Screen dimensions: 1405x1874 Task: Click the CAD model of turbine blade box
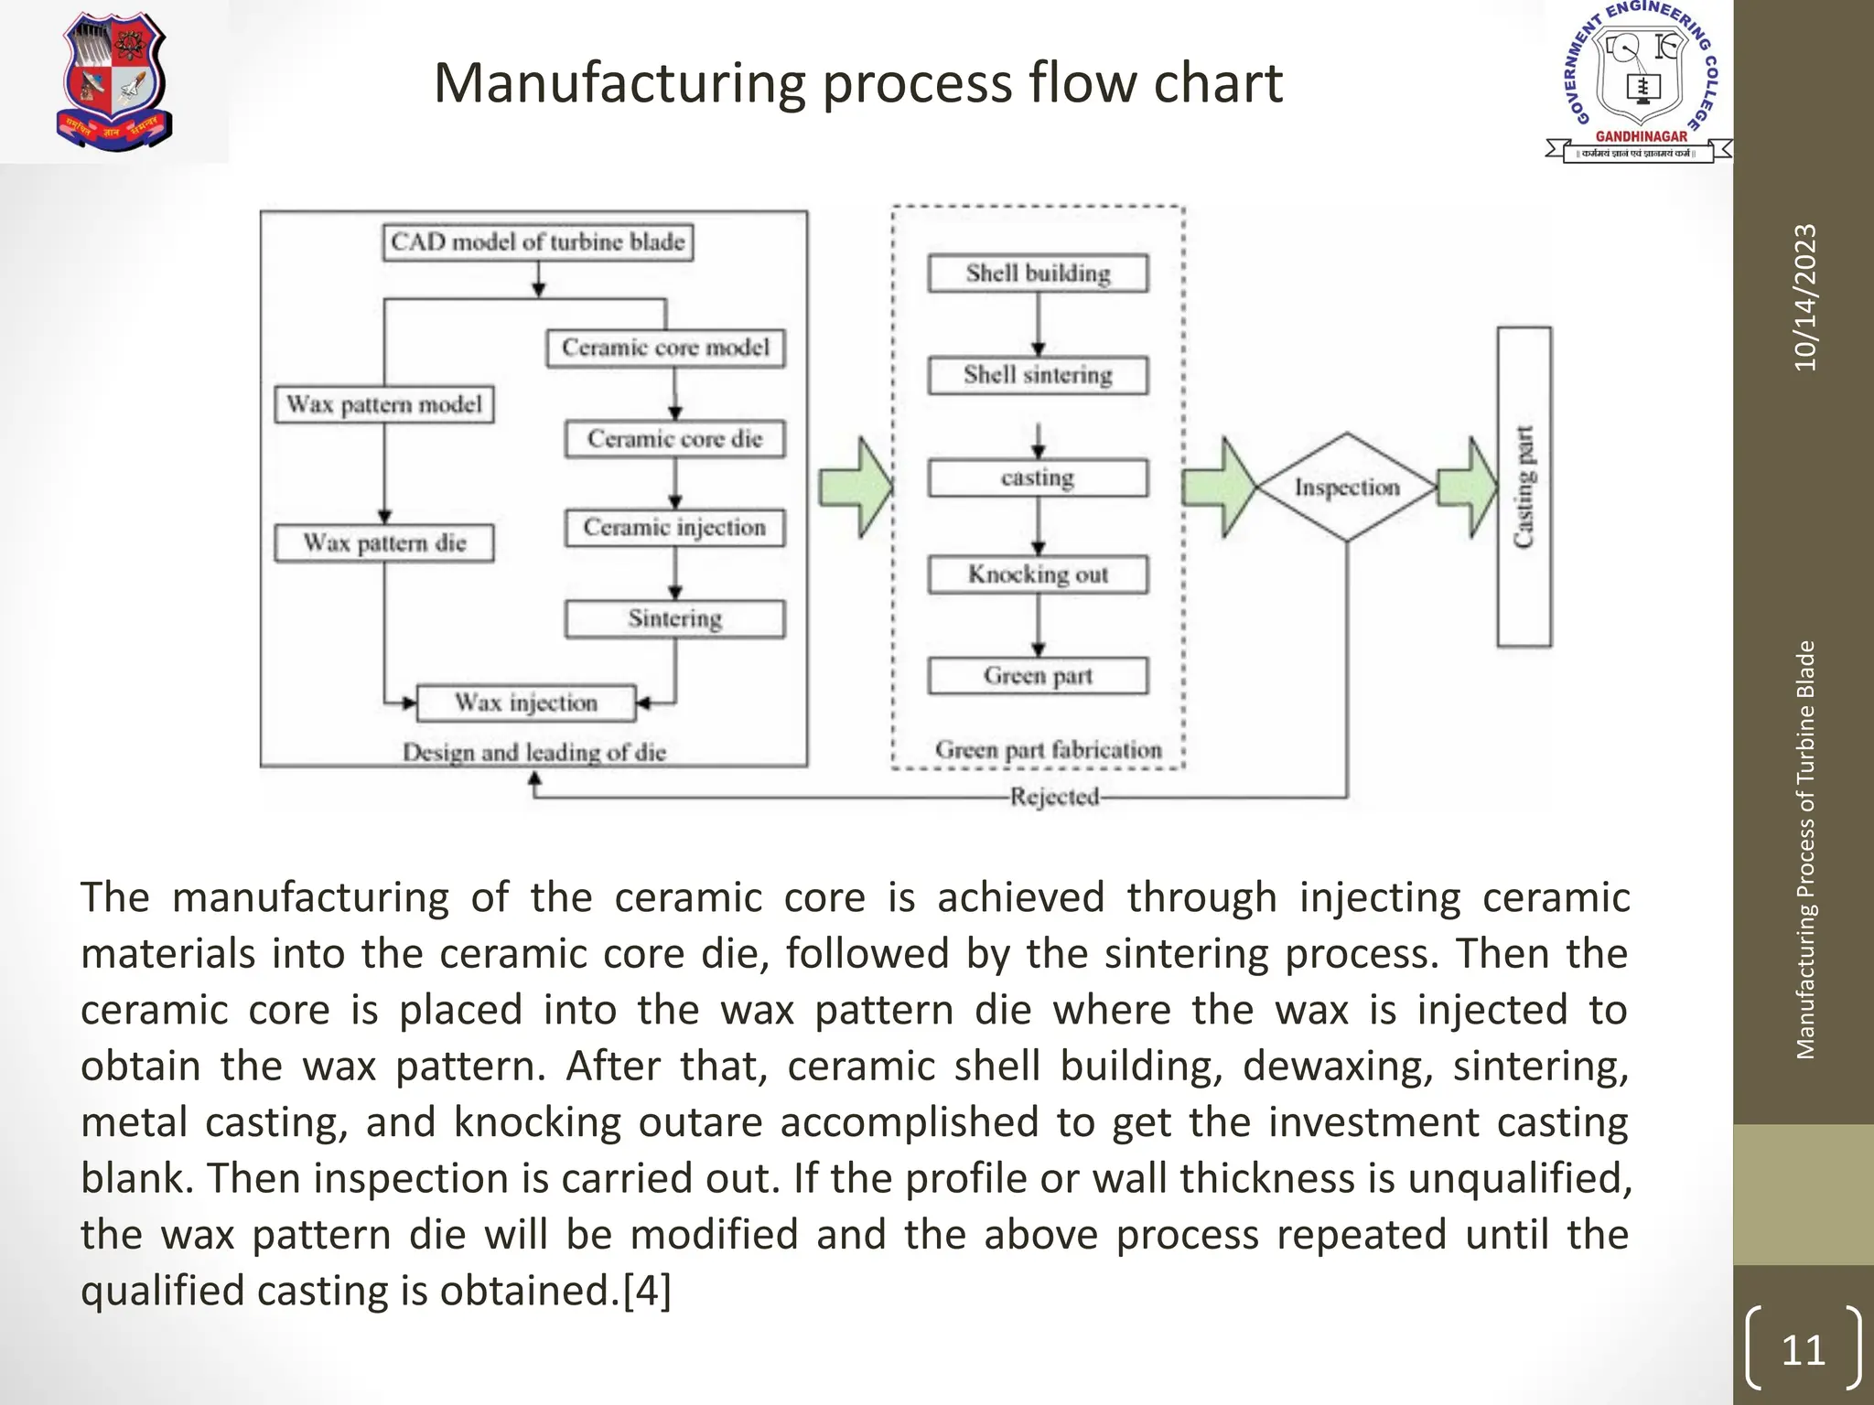pyautogui.click(x=537, y=242)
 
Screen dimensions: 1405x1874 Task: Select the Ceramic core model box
pyautogui.click(x=665, y=349)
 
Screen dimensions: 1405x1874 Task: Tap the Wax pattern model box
pyautogui.click(x=384, y=404)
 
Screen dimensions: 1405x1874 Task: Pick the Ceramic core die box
pyautogui.click(x=675, y=439)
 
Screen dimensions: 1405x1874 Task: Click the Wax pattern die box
pyautogui.click(x=385, y=542)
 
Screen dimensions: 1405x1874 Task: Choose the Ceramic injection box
pyautogui.click(x=675, y=528)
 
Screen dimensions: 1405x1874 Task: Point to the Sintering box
pyautogui.click(x=675, y=619)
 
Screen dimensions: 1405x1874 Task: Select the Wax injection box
pyautogui.click(x=526, y=702)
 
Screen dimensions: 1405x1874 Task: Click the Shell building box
pyautogui.click(x=1038, y=273)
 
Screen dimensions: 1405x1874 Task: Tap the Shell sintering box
pyautogui.click(x=1038, y=375)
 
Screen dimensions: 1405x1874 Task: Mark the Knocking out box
pyautogui.click(x=1038, y=574)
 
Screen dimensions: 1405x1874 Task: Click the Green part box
pyautogui.click(x=1038, y=676)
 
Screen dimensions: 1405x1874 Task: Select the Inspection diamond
pyautogui.click(x=1346, y=488)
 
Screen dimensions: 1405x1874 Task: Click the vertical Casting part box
pyautogui.click(x=1524, y=487)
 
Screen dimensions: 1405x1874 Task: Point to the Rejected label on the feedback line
pyautogui.click(x=1054, y=797)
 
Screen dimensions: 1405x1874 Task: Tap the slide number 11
pyautogui.click(x=1803, y=1350)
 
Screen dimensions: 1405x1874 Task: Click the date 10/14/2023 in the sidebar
pyautogui.click(x=1805, y=298)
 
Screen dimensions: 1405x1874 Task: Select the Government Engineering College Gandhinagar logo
pyautogui.click(x=1639, y=82)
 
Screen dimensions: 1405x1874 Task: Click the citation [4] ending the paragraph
pyautogui.click(x=647, y=1291)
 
